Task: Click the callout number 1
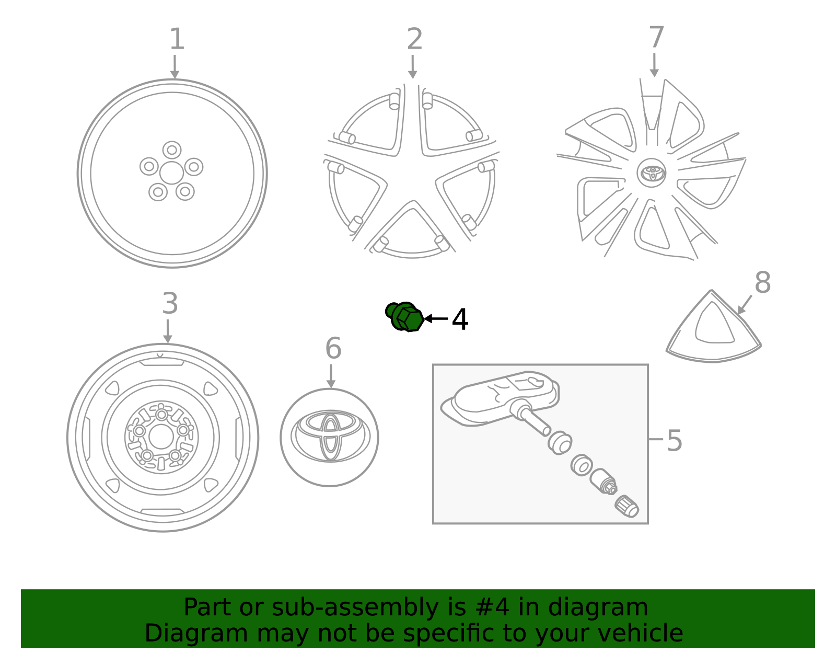coord(177,40)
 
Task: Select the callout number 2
coord(414,40)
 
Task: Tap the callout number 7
coord(656,38)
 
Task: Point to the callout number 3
coord(170,304)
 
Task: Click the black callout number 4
coord(460,320)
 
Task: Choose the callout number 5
coord(674,441)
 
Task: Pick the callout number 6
coord(333,349)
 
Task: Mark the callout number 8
coord(762,283)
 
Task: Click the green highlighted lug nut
coord(405,317)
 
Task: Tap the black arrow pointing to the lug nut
coord(436,318)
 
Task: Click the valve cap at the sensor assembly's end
coord(626,507)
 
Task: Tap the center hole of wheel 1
coord(171,173)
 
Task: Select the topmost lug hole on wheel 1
coord(172,150)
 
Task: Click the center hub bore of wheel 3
coord(161,437)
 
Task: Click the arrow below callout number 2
coord(413,67)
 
